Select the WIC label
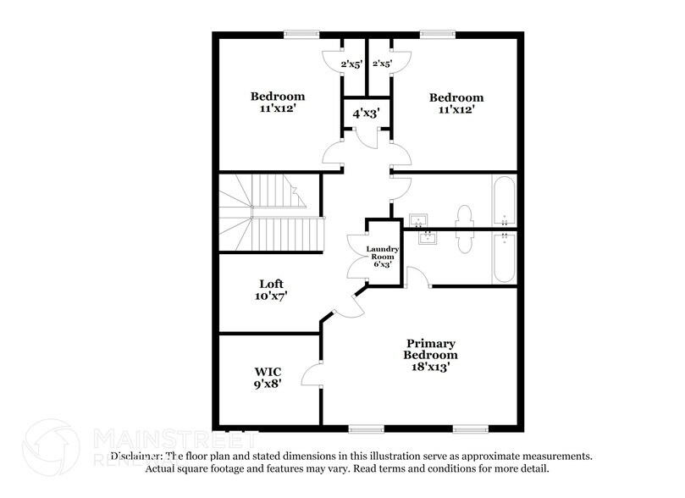[268, 371]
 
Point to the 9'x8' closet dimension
[268, 383]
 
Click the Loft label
[271, 284]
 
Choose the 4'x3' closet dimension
[366, 112]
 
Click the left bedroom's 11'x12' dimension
[277, 108]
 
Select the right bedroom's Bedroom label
[456, 97]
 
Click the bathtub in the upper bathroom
[503, 200]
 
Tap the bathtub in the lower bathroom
[503, 257]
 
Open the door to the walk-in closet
[312, 377]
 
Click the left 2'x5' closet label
[351, 64]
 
